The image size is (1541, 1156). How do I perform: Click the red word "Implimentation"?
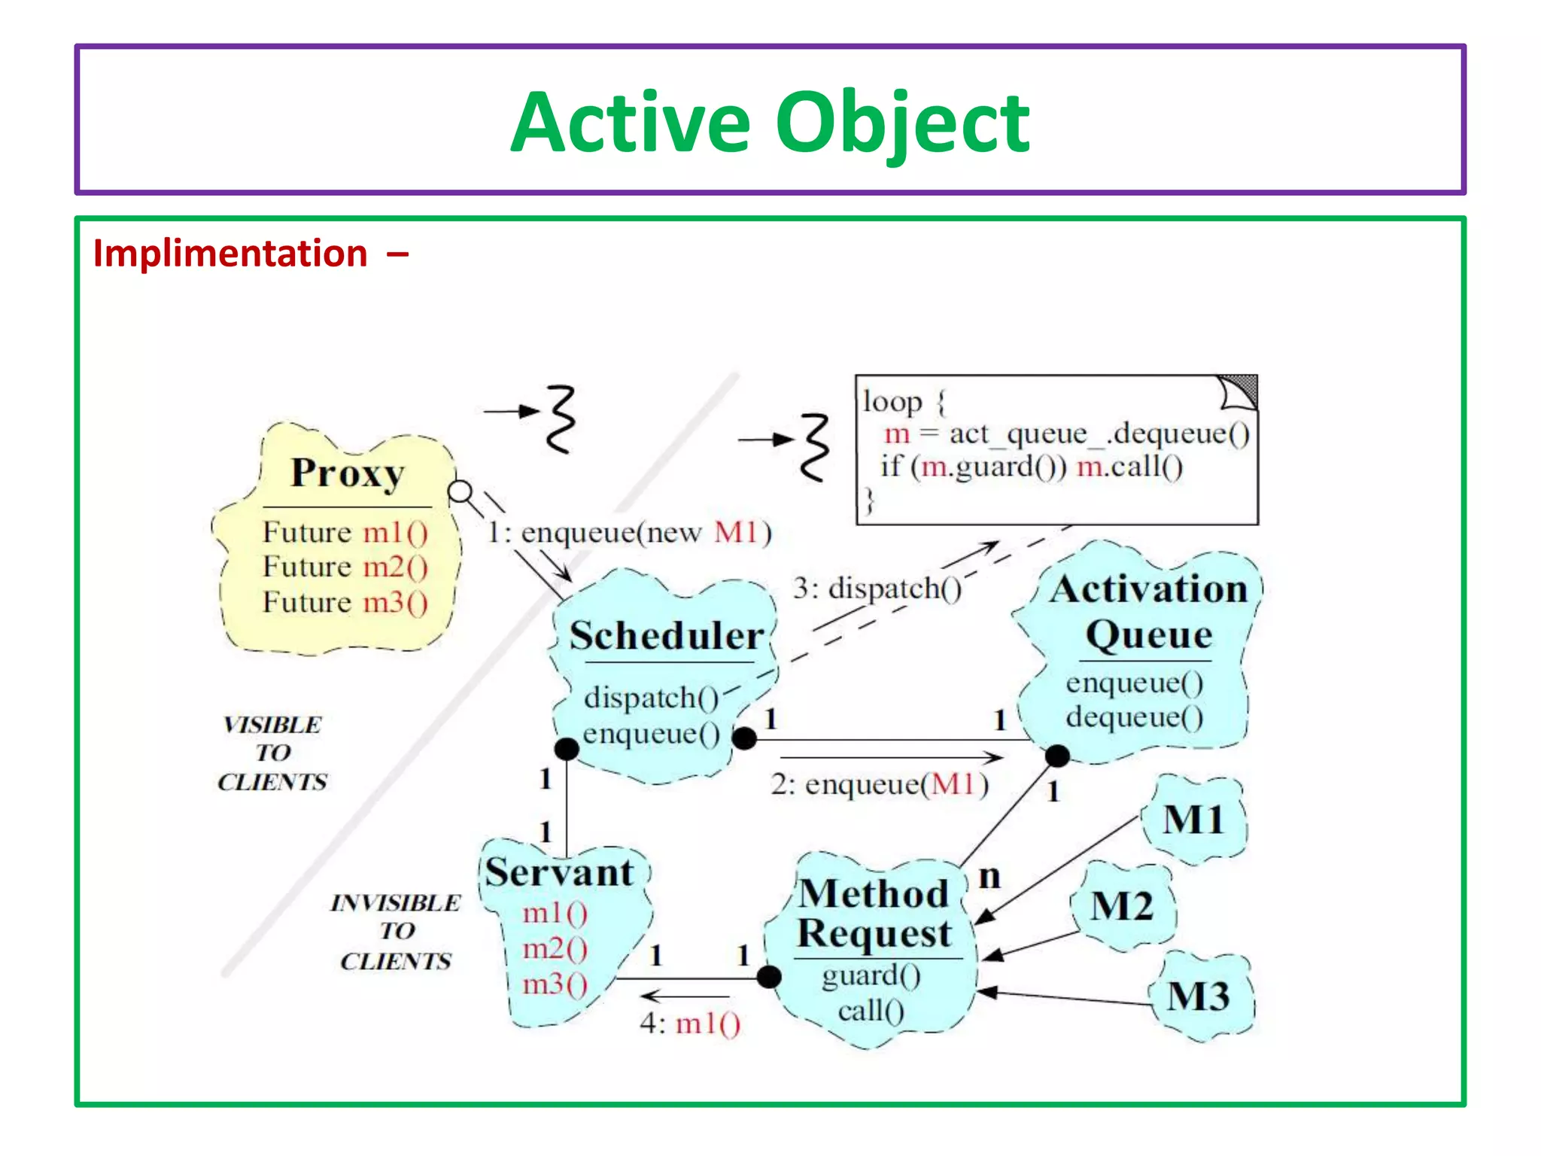[229, 254]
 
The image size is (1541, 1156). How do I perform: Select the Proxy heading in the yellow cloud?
[348, 473]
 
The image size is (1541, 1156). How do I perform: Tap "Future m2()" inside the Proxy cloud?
[345, 567]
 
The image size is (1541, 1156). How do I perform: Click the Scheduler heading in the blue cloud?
[666, 635]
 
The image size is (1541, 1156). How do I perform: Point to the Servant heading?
[558, 872]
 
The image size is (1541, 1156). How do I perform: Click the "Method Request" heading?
[874, 914]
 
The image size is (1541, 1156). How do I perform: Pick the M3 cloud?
[1199, 996]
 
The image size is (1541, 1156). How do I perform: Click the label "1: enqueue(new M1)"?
[629, 533]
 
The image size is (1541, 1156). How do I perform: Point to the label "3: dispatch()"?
[877, 588]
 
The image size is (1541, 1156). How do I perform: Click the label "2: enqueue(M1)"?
[879, 784]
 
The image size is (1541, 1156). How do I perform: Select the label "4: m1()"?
[690, 1024]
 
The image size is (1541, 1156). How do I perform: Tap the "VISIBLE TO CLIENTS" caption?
[272, 753]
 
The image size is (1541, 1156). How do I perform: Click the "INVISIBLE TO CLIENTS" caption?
[396, 931]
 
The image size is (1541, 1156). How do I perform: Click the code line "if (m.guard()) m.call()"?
[1032, 467]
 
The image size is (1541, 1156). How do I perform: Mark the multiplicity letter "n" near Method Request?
[989, 877]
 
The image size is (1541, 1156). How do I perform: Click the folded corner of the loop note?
[1239, 391]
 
